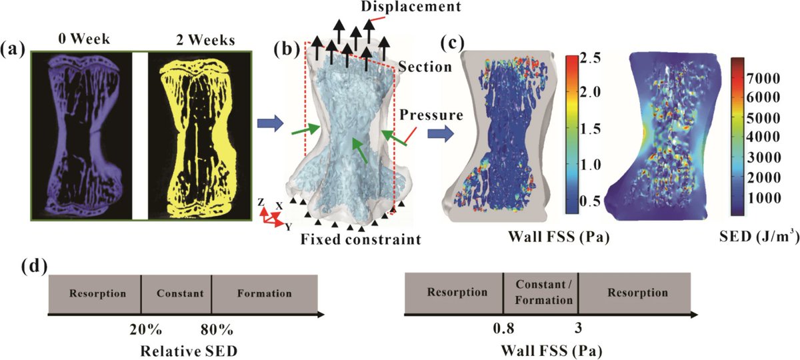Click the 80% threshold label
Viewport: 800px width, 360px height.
[217, 329]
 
